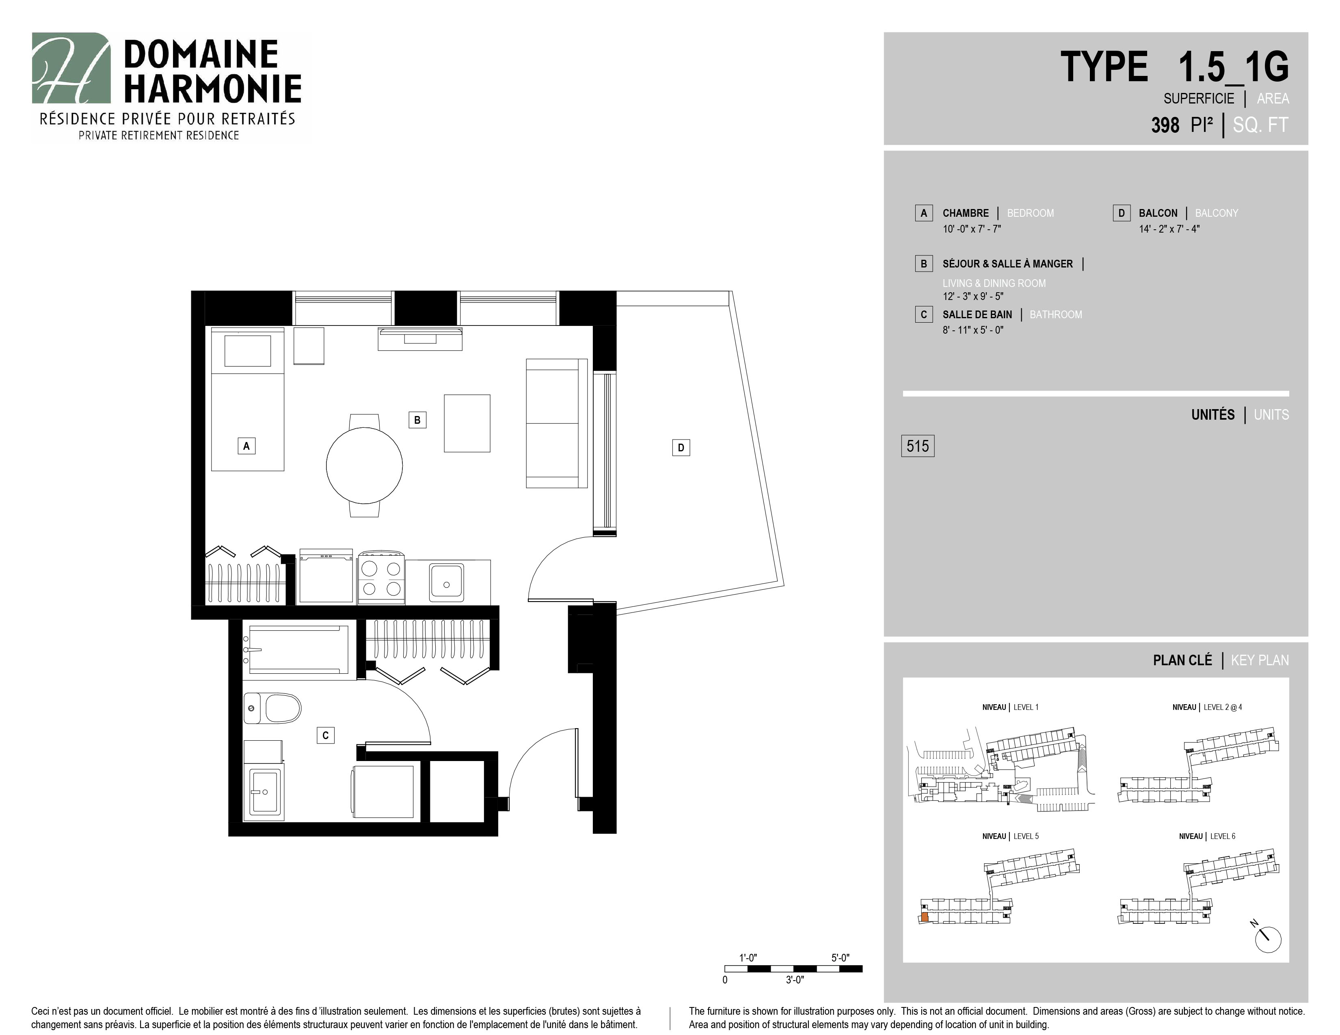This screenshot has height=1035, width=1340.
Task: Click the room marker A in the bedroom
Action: tap(246, 446)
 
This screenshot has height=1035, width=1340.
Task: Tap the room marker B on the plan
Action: tap(417, 420)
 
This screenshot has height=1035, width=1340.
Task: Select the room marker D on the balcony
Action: tap(681, 448)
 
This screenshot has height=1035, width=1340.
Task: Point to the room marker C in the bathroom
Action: tap(325, 735)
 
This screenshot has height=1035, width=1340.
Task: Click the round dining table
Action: tap(365, 466)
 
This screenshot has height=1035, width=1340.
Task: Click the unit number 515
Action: tap(917, 446)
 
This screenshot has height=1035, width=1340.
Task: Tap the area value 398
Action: tap(1165, 125)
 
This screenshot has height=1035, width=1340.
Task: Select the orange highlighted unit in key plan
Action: tap(924, 918)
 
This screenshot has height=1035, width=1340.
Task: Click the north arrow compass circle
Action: tap(1268, 940)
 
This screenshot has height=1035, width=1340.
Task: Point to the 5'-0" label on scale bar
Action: tap(840, 958)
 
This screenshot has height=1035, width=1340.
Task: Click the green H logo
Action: tap(71, 68)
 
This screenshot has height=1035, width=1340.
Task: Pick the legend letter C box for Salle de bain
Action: tap(923, 315)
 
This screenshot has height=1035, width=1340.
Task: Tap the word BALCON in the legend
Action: tap(1158, 213)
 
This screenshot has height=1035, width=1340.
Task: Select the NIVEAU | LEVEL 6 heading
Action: tap(1207, 837)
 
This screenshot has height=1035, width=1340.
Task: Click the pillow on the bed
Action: tap(247, 351)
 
